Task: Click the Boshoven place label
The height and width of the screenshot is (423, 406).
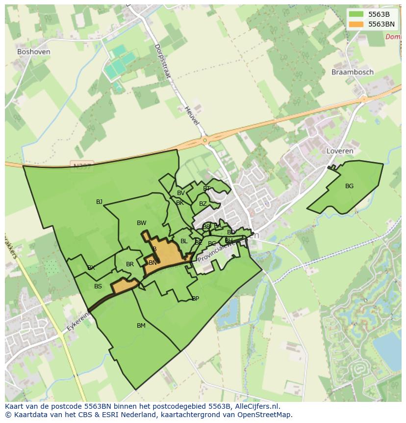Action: click(x=33, y=51)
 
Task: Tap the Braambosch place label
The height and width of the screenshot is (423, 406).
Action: click(x=352, y=72)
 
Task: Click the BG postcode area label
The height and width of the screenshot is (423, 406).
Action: click(x=349, y=186)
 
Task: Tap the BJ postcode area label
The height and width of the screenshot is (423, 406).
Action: click(x=99, y=201)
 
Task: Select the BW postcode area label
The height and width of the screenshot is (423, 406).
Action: click(x=141, y=223)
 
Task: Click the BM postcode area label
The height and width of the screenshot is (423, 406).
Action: click(x=141, y=325)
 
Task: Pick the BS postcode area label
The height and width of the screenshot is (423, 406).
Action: click(x=98, y=286)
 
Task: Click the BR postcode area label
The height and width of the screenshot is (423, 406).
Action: click(x=130, y=264)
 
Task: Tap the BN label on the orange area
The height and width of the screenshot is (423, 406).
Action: click(x=152, y=263)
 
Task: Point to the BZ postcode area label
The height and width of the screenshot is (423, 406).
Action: click(x=203, y=203)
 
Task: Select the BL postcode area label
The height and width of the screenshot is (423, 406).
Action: click(x=184, y=241)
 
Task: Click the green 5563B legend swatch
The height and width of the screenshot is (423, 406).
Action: click(x=356, y=14)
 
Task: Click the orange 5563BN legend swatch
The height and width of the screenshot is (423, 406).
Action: click(x=356, y=24)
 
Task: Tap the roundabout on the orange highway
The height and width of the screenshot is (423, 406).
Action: click(x=204, y=141)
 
